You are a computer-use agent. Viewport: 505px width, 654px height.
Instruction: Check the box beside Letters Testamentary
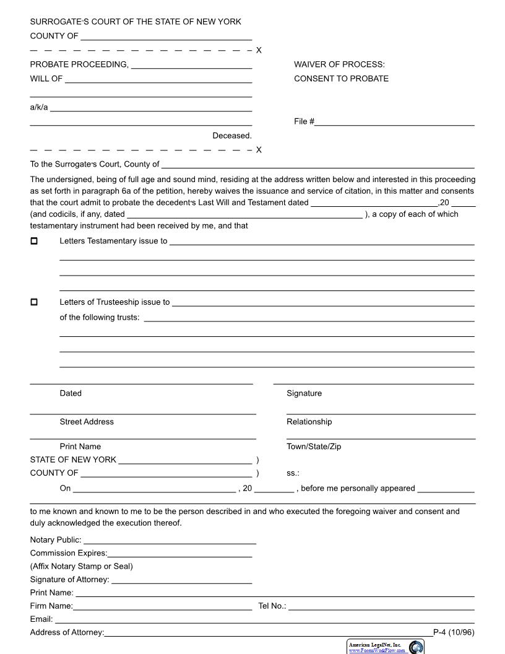[x=34, y=241]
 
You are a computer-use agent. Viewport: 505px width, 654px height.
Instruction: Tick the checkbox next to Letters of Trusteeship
[x=34, y=302]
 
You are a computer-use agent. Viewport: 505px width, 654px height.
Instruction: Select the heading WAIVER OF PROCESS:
[x=339, y=64]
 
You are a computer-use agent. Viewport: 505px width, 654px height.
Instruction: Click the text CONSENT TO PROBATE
[x=341, y=79]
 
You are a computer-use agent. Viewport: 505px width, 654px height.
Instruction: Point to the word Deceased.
[x=232, y=136]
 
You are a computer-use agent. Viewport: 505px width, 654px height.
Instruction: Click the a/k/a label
[x=38, y=107]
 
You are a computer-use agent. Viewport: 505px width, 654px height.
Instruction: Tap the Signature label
[x=304, y=393]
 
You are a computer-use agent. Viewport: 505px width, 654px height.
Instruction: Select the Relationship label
[x=309, y=422]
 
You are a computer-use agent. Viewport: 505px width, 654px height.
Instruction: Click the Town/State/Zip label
[x=314, y=447]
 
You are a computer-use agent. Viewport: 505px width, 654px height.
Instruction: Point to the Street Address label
[x=87, y=422]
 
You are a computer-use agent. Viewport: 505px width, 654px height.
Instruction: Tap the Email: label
[x=41, y=619]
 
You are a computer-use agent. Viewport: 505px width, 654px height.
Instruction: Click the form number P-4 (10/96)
[x=454, y=632]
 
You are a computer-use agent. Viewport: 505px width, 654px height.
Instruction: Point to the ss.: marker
[x=293, y=473]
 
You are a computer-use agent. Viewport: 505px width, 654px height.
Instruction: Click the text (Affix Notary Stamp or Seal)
[x=81, y=566]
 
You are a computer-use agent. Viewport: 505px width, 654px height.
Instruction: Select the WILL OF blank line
[x=158, y=81]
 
